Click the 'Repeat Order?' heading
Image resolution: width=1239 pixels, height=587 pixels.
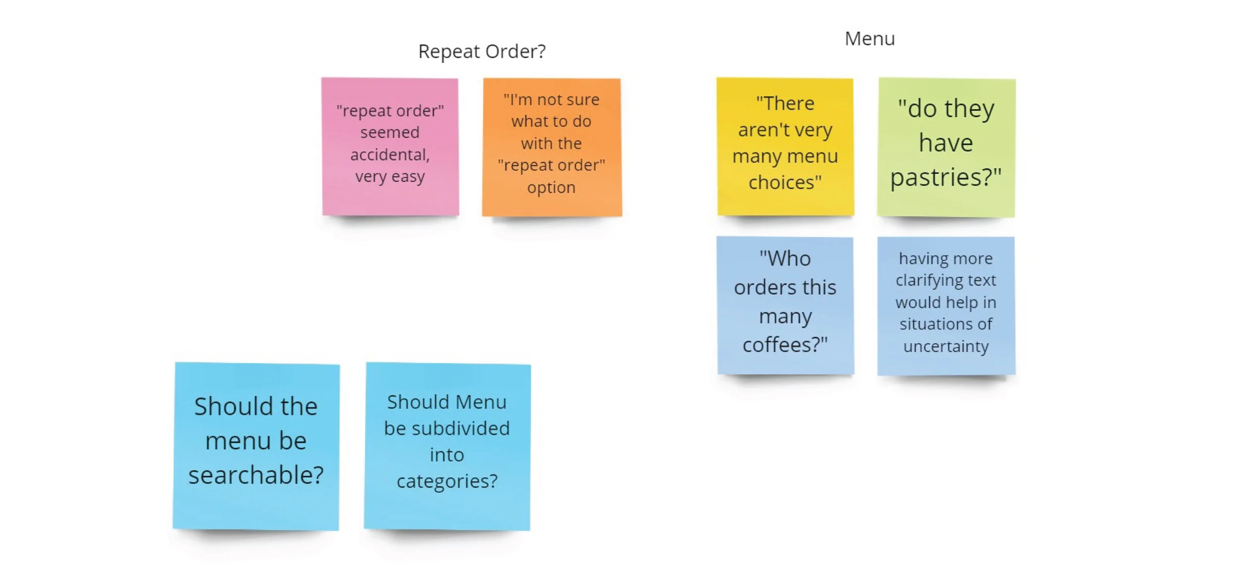[x=482, y=52]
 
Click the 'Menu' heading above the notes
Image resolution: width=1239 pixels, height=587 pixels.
[x=870, y=39]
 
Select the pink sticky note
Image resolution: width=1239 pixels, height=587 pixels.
[x=390, y=146]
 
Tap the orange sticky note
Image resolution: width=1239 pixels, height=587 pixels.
[x=552, y=147]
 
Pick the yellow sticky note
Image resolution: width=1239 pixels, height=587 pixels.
[x=785, y=146]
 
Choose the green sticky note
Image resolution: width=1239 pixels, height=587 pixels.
[x=946, y=147]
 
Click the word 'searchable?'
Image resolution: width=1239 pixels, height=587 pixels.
[x=256, y=475]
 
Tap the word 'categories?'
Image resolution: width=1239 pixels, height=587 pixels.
[x=447, y=481]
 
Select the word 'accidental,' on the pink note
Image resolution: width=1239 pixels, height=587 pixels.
[x=390, y=155]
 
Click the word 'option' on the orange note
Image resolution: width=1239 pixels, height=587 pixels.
[x=551, y=188]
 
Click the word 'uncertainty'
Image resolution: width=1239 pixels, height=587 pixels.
[x=946, y=346]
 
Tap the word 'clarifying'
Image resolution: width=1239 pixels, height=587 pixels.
[x=920, y=281]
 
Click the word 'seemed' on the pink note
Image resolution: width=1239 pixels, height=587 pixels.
[x=390, y=132]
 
